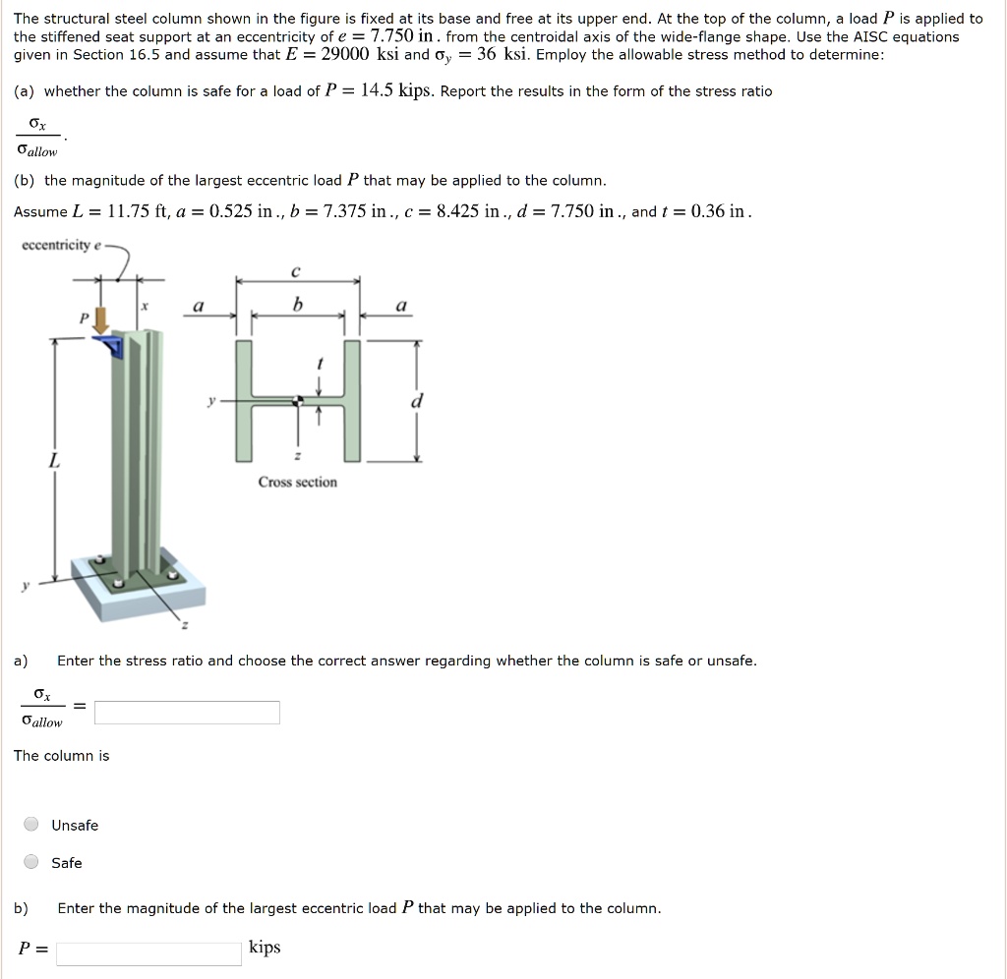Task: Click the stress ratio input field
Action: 187,713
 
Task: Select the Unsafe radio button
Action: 32,825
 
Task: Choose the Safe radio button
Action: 32,862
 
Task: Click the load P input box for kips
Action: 148,952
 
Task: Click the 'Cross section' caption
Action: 297,482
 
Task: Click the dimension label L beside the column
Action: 54,460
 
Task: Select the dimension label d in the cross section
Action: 417,401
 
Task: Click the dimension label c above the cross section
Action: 297,269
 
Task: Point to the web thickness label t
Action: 318,364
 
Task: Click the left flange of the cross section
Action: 243,401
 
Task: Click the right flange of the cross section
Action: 352,401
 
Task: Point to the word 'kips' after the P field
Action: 265,948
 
